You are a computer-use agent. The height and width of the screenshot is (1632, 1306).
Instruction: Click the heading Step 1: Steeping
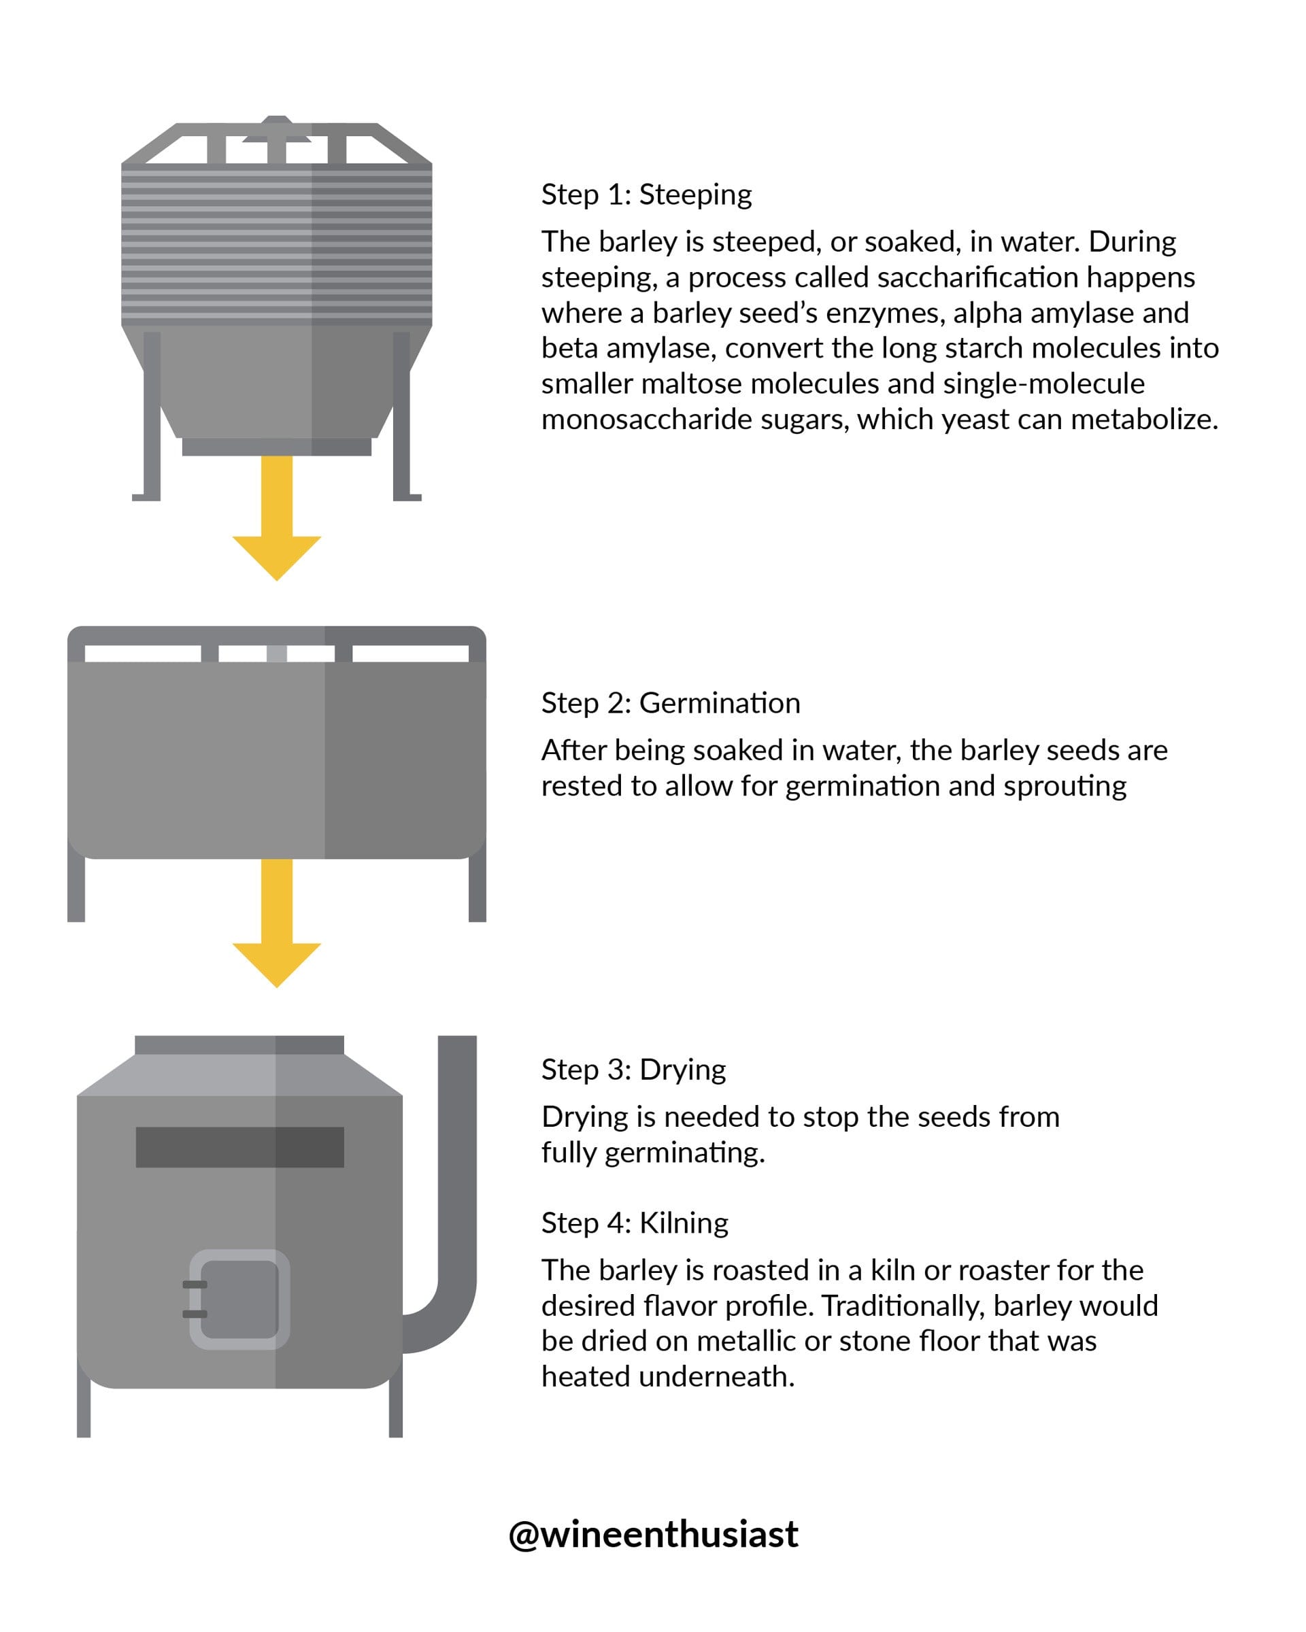[646, 194]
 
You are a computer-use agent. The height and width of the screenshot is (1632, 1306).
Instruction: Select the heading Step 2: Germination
[670, 703]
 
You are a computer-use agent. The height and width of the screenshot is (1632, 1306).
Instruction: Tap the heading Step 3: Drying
[633, 1070]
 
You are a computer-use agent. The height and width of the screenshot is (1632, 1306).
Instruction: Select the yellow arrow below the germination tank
[276, 923]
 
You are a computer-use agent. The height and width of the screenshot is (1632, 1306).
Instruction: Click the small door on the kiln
[239, 1299]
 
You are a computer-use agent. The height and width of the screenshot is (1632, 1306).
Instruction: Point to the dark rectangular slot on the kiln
[239, 1146]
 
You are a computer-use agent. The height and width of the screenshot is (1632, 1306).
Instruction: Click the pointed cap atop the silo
[276, 129]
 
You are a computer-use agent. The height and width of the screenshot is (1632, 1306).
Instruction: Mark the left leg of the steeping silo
[150, 416]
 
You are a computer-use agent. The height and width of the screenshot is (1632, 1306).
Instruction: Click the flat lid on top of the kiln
[239, 1044]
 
